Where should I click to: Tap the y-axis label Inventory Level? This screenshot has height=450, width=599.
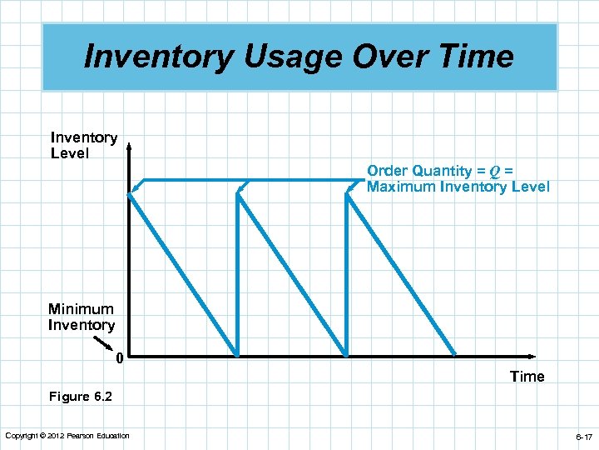coord(83,145)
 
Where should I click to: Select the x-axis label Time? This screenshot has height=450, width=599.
coord(527,377)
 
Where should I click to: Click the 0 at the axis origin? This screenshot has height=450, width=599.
coord(120,360)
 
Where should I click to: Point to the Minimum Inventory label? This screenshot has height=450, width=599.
coord(81,317)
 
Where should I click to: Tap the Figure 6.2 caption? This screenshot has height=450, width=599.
coord(81,397)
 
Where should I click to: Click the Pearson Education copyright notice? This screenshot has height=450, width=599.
coord(67,436)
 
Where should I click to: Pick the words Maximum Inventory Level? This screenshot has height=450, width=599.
coord(458,187)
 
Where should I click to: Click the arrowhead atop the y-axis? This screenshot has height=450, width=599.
coord(129,148)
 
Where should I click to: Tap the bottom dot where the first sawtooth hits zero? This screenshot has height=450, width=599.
coord(237,353)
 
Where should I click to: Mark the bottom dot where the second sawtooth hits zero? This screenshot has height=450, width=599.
coord(346,353)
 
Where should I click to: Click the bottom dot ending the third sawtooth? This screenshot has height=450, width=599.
coord(454,353)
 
